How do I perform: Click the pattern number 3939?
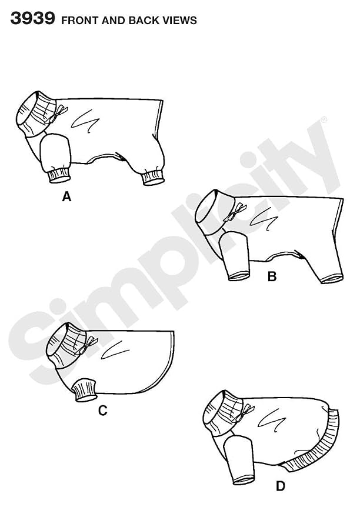pos(32,18)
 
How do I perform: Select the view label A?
pos(66,197)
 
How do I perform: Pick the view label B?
pos(272,276)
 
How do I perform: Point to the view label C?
pos(103,411)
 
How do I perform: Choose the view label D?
pos(280,486)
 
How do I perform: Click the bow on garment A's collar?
pos(58,114)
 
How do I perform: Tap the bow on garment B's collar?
pos(236,211)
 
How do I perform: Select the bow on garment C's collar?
pos(88,345)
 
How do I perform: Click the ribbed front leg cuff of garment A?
pos(59,175)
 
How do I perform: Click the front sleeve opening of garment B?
pos(239,276)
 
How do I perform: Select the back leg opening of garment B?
pos(332,279)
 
